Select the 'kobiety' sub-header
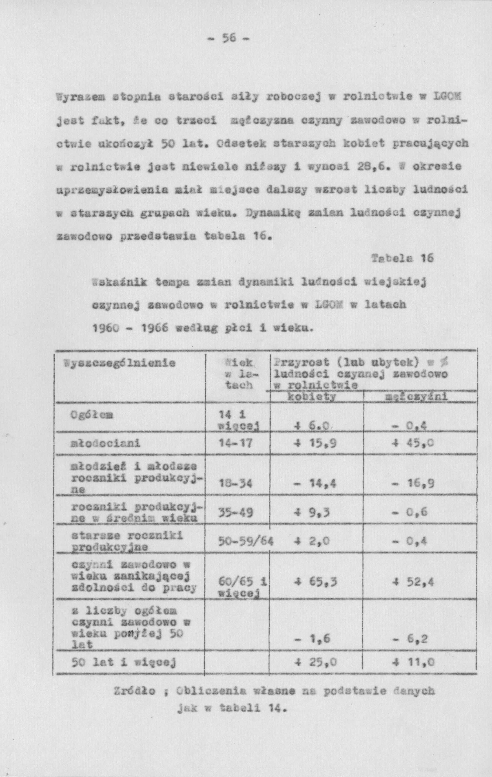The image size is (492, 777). [x=312, y=396]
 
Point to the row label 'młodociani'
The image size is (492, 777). [x=105, y=443]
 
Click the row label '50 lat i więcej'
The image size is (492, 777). [x=123, y=663]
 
